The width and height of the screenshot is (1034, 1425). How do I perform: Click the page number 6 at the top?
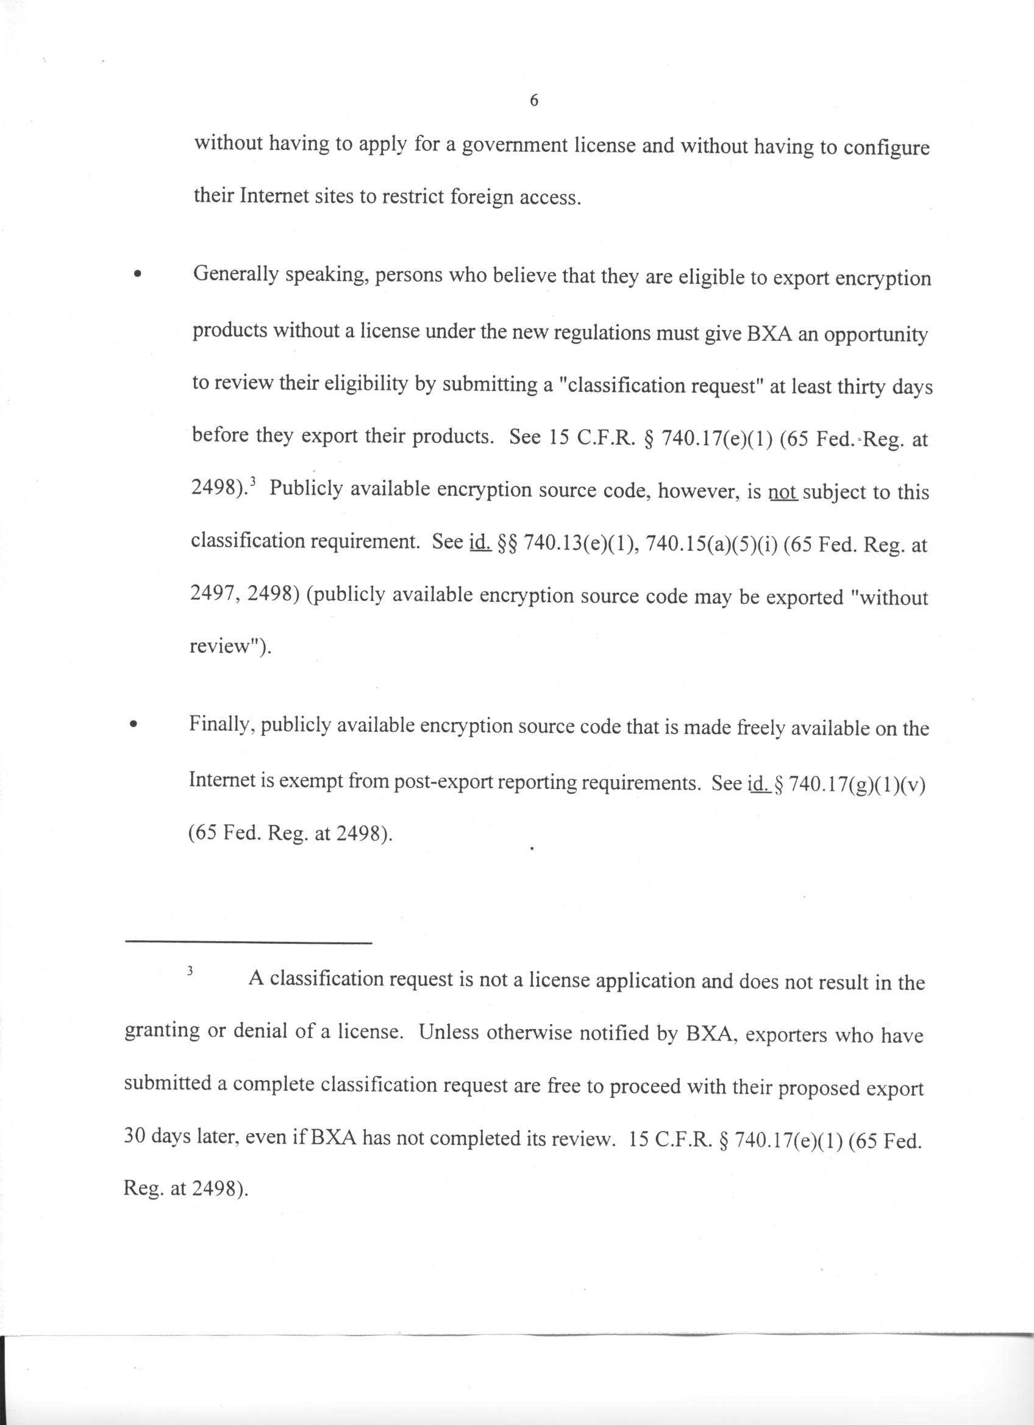tap(533, 101)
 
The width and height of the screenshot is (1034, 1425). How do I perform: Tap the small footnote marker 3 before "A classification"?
tap(190, 971)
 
